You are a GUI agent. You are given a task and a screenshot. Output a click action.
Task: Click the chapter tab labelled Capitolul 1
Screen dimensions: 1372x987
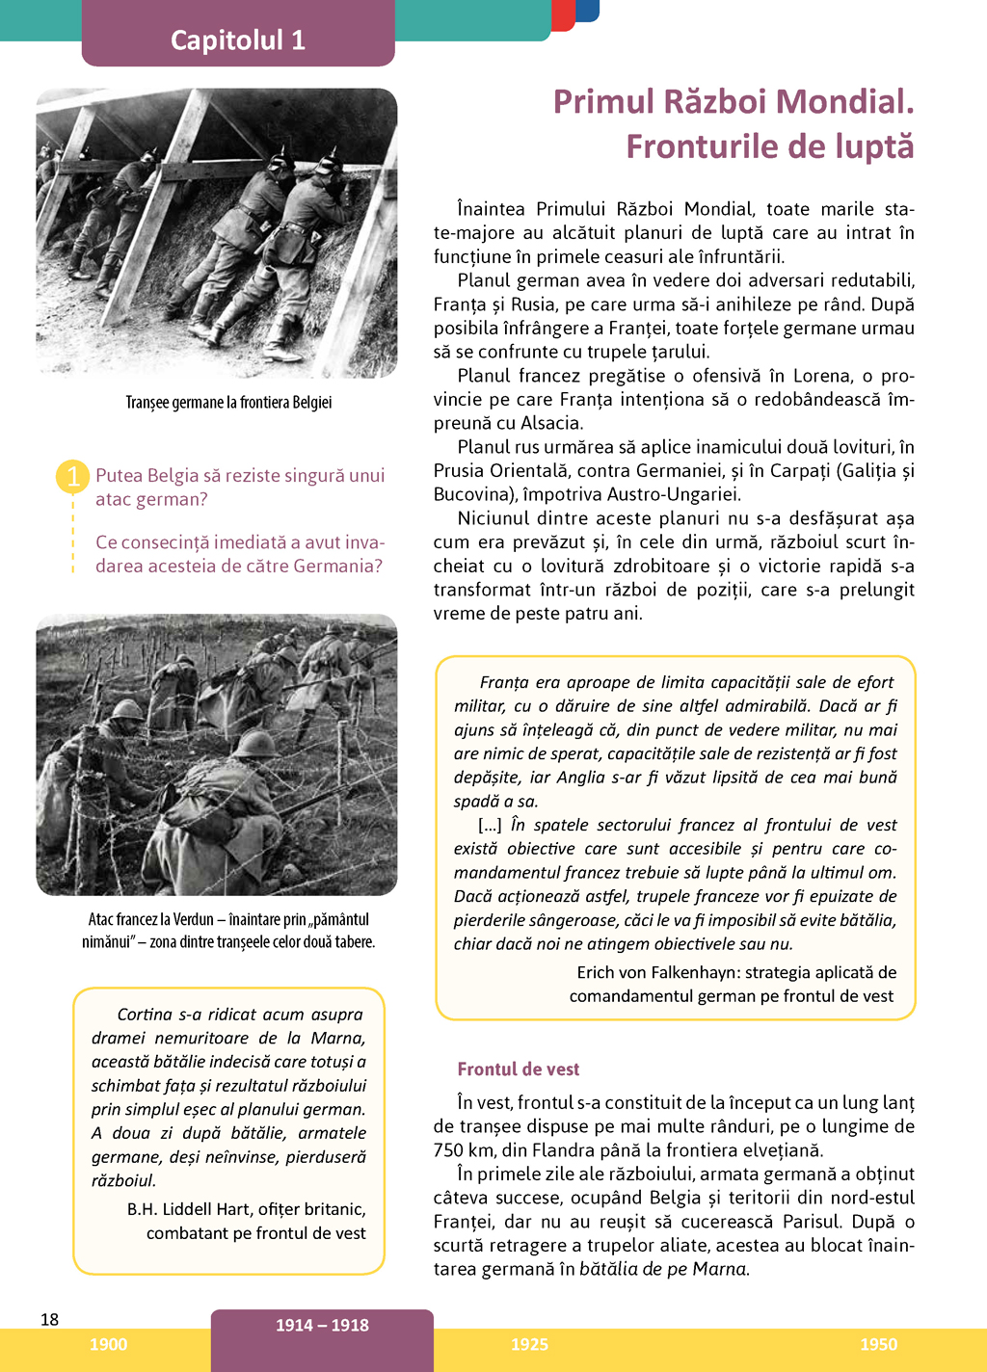tap(238, 40)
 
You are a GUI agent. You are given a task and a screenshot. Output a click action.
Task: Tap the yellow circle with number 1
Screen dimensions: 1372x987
tap(73, 476)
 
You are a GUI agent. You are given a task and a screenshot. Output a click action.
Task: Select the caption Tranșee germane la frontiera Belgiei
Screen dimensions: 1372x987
tap(228, 403)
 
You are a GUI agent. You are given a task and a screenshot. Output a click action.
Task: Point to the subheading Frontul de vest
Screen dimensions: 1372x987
tap(519, 1069)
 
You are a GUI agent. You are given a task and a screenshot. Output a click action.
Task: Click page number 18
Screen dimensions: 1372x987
tap(50, 1319)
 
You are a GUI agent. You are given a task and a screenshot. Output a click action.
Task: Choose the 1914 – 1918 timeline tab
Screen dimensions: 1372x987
tap(322, 1326)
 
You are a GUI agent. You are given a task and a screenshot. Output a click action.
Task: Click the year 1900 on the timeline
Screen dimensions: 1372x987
tap(108, 1345)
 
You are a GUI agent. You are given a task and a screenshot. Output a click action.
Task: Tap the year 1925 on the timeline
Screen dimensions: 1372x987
tap(529, 1345)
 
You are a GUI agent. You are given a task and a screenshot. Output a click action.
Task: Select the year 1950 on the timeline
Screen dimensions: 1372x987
tap(878, 1345)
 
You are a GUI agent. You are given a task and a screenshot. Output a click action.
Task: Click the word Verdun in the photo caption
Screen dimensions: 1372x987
tap(194, 919)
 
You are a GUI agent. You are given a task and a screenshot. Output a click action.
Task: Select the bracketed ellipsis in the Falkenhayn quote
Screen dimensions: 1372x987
tap(490, 825)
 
